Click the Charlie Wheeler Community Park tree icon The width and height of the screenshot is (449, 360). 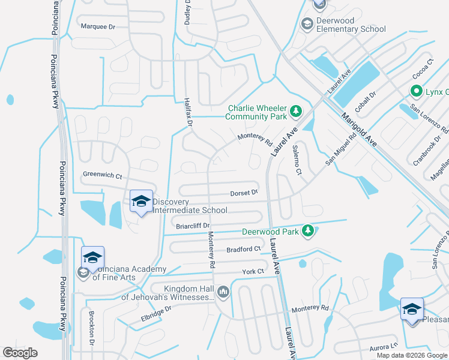coord(295,111)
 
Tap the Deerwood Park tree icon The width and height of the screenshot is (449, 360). coord(308,230)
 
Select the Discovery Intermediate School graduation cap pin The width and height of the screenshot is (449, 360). coord(141,202)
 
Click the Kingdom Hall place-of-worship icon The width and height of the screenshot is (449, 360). coord(223,292)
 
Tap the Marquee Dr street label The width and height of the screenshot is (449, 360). coord(97,26)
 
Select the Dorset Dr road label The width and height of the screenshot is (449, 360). coord(244,193)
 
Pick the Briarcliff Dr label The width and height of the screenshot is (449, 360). coord(192,226)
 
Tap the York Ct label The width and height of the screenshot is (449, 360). coord(253,271)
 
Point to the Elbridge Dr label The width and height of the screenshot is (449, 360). coord(156,310)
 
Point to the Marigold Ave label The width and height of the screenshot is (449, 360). coord(359,130)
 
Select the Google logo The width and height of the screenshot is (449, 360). coord(20,353)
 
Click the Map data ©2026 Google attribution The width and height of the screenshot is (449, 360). coord(411,355)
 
